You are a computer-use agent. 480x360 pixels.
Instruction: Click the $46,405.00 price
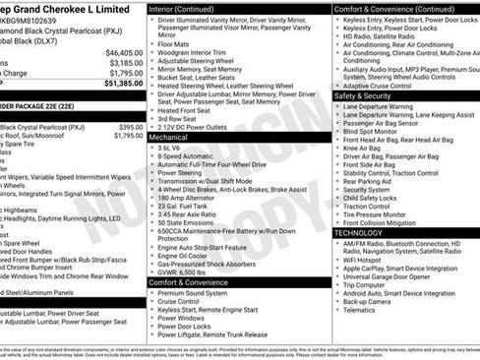coord(124,52)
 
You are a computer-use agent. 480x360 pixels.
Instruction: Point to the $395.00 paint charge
coord(131,127)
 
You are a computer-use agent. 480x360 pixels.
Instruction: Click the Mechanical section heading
coord(170,138)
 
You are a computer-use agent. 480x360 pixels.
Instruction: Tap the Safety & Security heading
coord(363,96)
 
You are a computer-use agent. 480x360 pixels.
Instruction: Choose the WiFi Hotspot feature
coord(369,259)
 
